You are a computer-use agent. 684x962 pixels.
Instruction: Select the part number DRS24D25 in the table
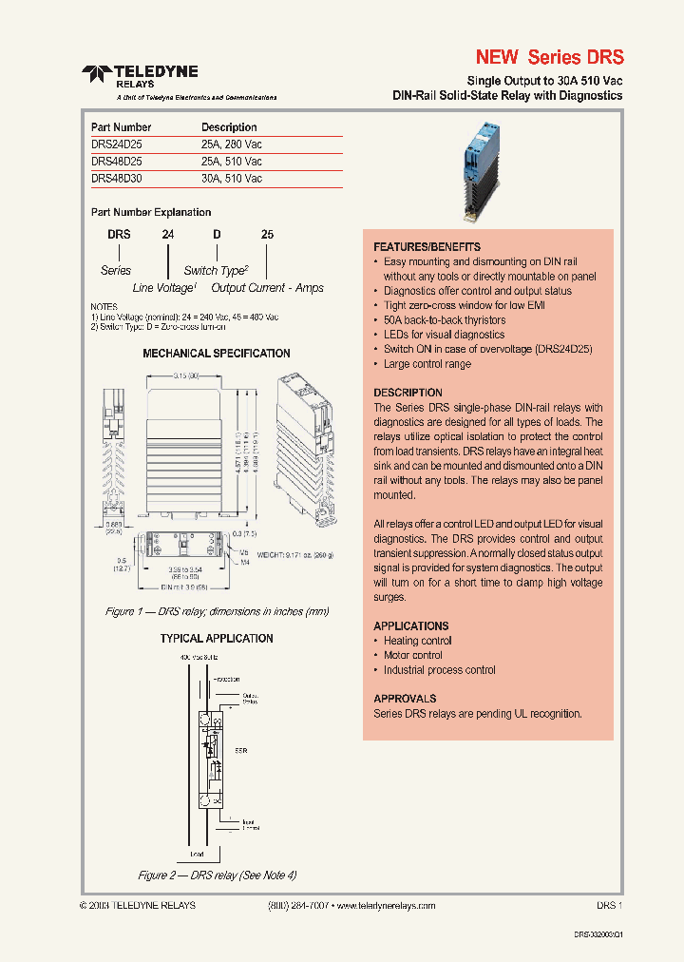(x=117, y=144)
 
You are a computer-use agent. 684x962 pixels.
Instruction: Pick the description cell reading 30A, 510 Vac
(x=231, y=178)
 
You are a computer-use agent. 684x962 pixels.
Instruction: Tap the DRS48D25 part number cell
(x=117, y=161)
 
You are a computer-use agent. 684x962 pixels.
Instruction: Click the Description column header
(x=229, y=126)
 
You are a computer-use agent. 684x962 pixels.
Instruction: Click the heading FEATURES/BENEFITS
(x=427, y=247)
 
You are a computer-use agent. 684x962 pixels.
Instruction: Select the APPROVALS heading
(x=405, y=699)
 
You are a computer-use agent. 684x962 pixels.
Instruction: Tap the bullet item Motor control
(x=412, y=655)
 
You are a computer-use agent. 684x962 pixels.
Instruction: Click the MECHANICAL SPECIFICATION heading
(x=216, y=354)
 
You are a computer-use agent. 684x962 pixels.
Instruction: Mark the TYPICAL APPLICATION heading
(x=216, y=639)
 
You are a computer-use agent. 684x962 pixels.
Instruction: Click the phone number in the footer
(x=298, y=906)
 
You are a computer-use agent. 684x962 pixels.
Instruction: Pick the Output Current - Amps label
(x=267, y=287)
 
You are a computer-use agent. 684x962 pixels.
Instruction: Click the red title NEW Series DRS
(x=549, y=57)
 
